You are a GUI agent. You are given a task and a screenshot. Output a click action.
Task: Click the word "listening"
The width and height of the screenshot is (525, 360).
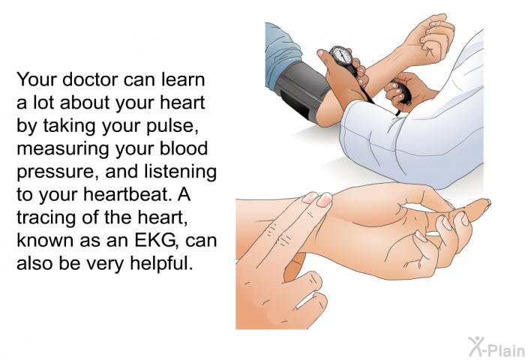[x=180, y=172]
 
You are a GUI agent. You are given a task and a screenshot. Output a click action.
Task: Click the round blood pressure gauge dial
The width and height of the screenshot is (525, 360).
[x=340, y=55]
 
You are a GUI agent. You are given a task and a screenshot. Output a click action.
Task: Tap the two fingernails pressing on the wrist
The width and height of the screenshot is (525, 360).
[x=316, y=199]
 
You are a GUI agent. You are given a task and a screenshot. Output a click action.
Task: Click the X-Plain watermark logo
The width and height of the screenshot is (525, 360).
[x=496, y=347]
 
